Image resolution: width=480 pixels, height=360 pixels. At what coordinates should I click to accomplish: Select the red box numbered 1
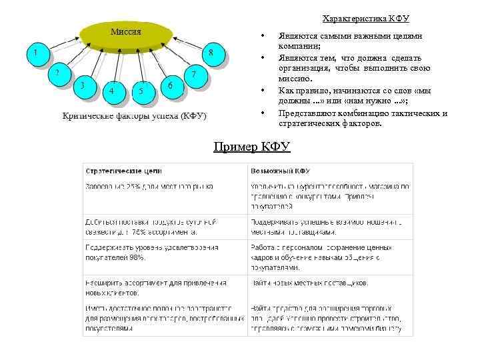click(36, 51)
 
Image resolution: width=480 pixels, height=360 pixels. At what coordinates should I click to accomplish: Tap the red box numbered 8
click(211, 53)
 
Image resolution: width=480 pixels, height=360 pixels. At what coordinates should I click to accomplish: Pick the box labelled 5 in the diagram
click(141, 91)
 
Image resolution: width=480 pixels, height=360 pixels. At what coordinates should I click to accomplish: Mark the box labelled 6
click(171, 86)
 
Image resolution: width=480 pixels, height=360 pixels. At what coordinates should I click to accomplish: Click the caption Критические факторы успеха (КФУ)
click(135, 115)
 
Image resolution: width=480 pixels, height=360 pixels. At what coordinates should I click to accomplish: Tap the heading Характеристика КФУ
click(365, 19)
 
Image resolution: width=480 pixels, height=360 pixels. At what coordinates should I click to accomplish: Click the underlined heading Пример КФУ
click(252, 147)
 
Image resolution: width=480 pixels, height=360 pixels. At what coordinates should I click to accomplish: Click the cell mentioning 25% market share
click(149, 186)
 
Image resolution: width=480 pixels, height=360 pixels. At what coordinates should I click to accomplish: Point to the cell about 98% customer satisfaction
click(151, 251)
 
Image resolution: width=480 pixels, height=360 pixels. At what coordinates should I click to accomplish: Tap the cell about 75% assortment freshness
click(151, 227)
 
